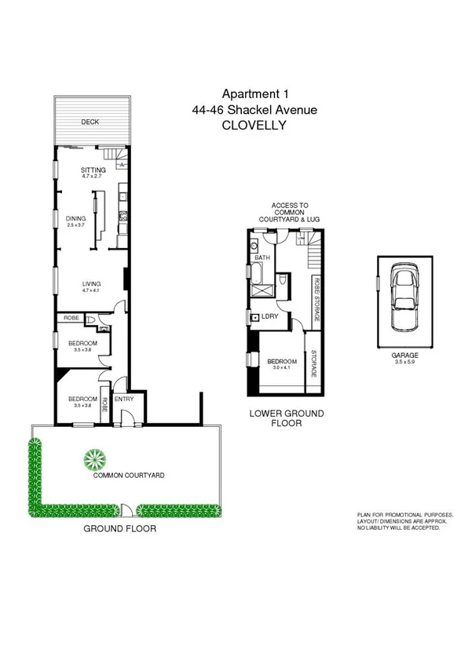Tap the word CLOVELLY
[254, 125]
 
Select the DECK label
[92, 122]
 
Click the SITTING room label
[93, 170]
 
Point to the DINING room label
[76, 219]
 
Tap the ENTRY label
[124, 399]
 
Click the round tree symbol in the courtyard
[94, 458]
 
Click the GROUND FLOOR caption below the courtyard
[120, 529]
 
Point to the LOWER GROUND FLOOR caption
[286, 418]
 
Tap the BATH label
[262, 257]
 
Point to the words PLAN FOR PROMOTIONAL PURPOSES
[404, 515]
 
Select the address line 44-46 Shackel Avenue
[254, 110]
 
